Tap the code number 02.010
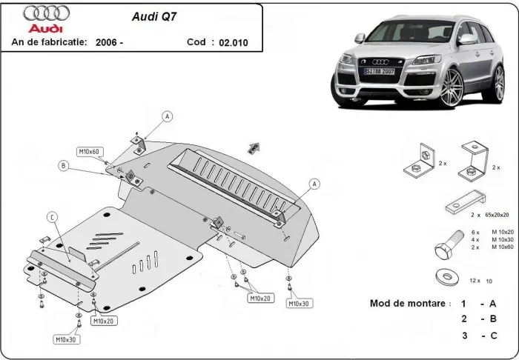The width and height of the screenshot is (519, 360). [x=234, y=43]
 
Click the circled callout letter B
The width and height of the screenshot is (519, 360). [x=65, y=166]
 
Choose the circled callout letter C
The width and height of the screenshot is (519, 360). [x=52, y=216]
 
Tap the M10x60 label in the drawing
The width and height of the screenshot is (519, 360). [x=90, y=151]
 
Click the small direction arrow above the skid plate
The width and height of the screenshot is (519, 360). [x=254, y=147]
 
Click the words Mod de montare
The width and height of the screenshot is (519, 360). [x=409, y=304]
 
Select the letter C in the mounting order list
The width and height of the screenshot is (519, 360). [x=492, y=336]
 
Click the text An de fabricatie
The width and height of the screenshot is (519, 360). [x=50, y=43]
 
